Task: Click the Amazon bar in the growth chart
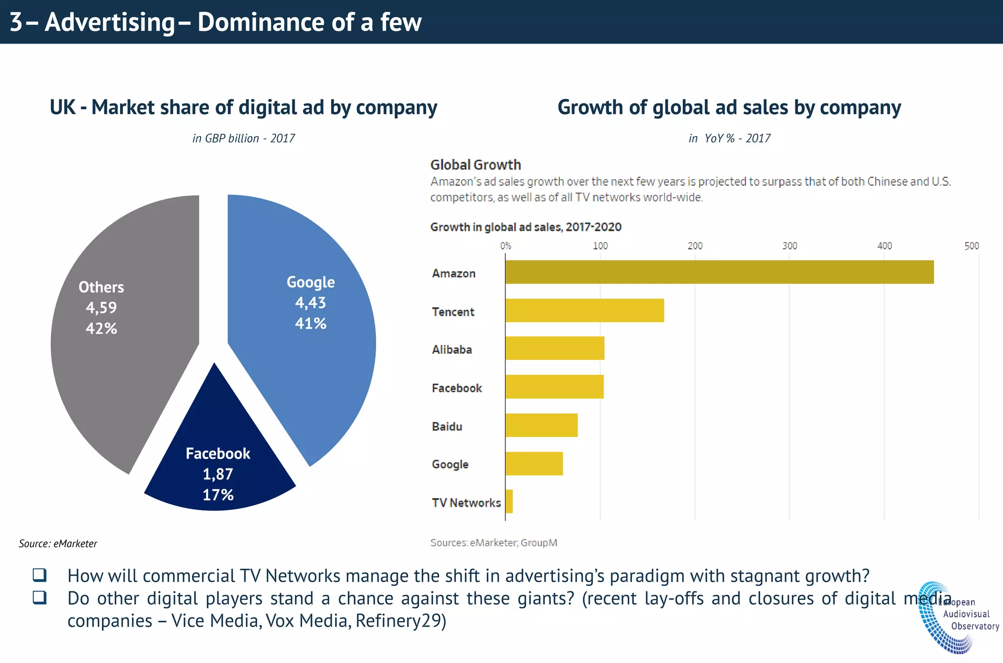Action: (x=719, y=272)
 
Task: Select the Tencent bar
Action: (x=584, y=310)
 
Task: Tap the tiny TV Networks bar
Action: (x=509, y=501)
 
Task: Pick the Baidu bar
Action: (x=541, y=425)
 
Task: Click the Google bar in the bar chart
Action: (x=534, y=464)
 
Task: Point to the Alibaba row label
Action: (x=452, y=350)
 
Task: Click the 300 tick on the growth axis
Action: (x=789, y=246)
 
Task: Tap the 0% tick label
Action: (x=505, y=246)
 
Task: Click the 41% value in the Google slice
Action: (x=310, y=323)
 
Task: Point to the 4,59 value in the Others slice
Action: (x=101, y=308)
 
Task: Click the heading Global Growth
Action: (x=475, y=165)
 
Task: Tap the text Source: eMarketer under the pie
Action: (x=58, y=543)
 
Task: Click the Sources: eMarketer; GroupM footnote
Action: (x=494, y=542)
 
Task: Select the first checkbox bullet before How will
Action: (x=40, y=575)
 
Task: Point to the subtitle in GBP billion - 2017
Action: (x=243, y=139)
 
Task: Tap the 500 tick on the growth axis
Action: (x=972, y=246)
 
